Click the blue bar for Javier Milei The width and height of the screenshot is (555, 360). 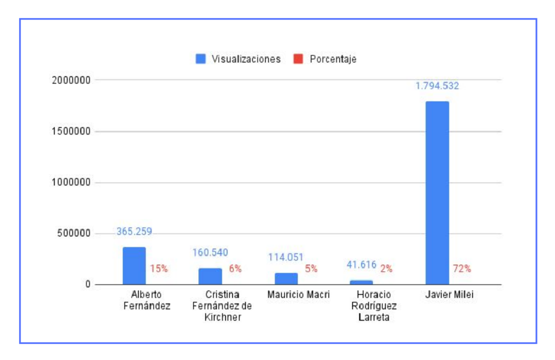pyautogui.click(x=437, y=193)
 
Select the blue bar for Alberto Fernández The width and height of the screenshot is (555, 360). pyautogui.click(x=134, y=266)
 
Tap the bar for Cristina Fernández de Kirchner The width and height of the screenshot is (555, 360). pyautogui.click(x=210, y=276)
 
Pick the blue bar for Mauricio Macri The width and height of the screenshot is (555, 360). pyautogui.click(x=286, y=278)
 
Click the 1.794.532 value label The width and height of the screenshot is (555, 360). pyautogui.click(x=437, y=86)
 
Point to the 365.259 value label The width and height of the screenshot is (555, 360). pyautogui.click(x=134, y=232)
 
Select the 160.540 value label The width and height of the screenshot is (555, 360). pyautogui.click(x=210, y=253)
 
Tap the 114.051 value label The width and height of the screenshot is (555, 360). pyautogui.click(x=286, y=257)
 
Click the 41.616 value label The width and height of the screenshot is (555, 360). pyautogui.click(x=361, y=265)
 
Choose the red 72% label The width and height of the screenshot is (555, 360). pyautogui.click(x=461, y=269)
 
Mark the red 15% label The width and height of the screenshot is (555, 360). pyautogui.click(x=159, y=269)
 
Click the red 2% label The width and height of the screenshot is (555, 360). pyautogui.click(x=386, y=268)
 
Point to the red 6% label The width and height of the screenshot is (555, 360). pyautogui.click(x=235, y=269)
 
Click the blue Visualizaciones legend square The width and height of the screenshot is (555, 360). pyautogui.click(x=200, y=59)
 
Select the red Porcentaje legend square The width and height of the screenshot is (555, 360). pyautogui.click(x=299, y=59)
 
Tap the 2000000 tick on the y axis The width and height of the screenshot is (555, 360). pyautogui.click(x=71, y=80)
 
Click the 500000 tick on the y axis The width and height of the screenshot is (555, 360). pyautogui.click(x=73, y=234)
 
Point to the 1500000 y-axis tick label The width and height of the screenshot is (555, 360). pyautogui.click(x=71, y=131)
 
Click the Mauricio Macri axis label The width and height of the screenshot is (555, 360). pyautogui.click(x=299, y=295)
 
